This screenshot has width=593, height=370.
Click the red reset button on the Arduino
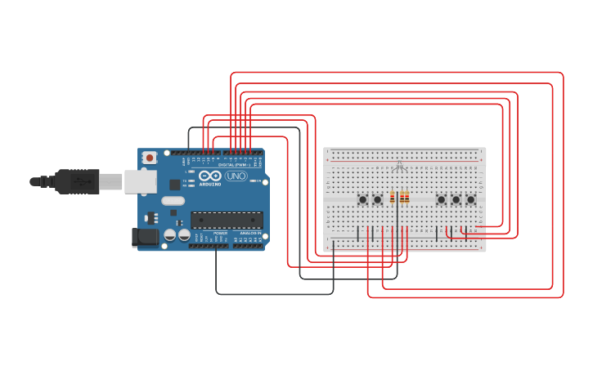(x=149, y=158)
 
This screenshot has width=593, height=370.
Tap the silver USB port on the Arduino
(x=140, y=181)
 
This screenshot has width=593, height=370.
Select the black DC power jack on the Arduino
(x=145, y=237)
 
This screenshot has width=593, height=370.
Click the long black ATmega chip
(x=227, y=220)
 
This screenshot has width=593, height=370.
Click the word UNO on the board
(x=236, y=176)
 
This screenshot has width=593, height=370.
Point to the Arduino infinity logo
(x=210, y=176)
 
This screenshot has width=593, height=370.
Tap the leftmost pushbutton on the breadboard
(x=362, y=199)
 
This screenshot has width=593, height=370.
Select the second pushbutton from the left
(x=377, y=199)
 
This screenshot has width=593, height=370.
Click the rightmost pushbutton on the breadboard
(x=470, y=199)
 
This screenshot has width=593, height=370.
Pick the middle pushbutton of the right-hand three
(x=456, y=199)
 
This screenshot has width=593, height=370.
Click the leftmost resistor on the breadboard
(x=393, y=197)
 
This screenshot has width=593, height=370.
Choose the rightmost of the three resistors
(x=407, y=197)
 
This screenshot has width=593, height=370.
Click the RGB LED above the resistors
(x=399, y=167)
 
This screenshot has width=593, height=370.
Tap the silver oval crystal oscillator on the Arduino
(x=173, y=200)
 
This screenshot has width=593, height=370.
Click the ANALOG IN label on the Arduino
(x=247, y=234)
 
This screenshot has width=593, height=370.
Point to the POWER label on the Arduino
(x=220, y=234)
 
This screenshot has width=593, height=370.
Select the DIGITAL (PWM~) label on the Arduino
(x=232, y=164)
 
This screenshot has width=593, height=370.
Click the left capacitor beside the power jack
(x=169, y=235)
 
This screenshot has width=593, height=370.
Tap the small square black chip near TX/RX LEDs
(x=174, y=185)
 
